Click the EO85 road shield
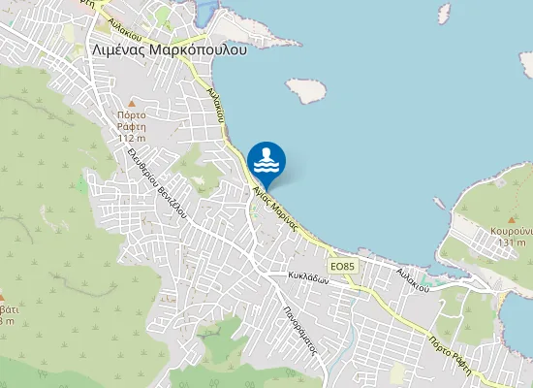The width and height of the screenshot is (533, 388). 342,265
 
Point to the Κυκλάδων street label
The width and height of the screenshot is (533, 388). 309,277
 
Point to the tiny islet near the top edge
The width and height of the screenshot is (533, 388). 444,12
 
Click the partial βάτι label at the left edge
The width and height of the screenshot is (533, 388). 6,309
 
